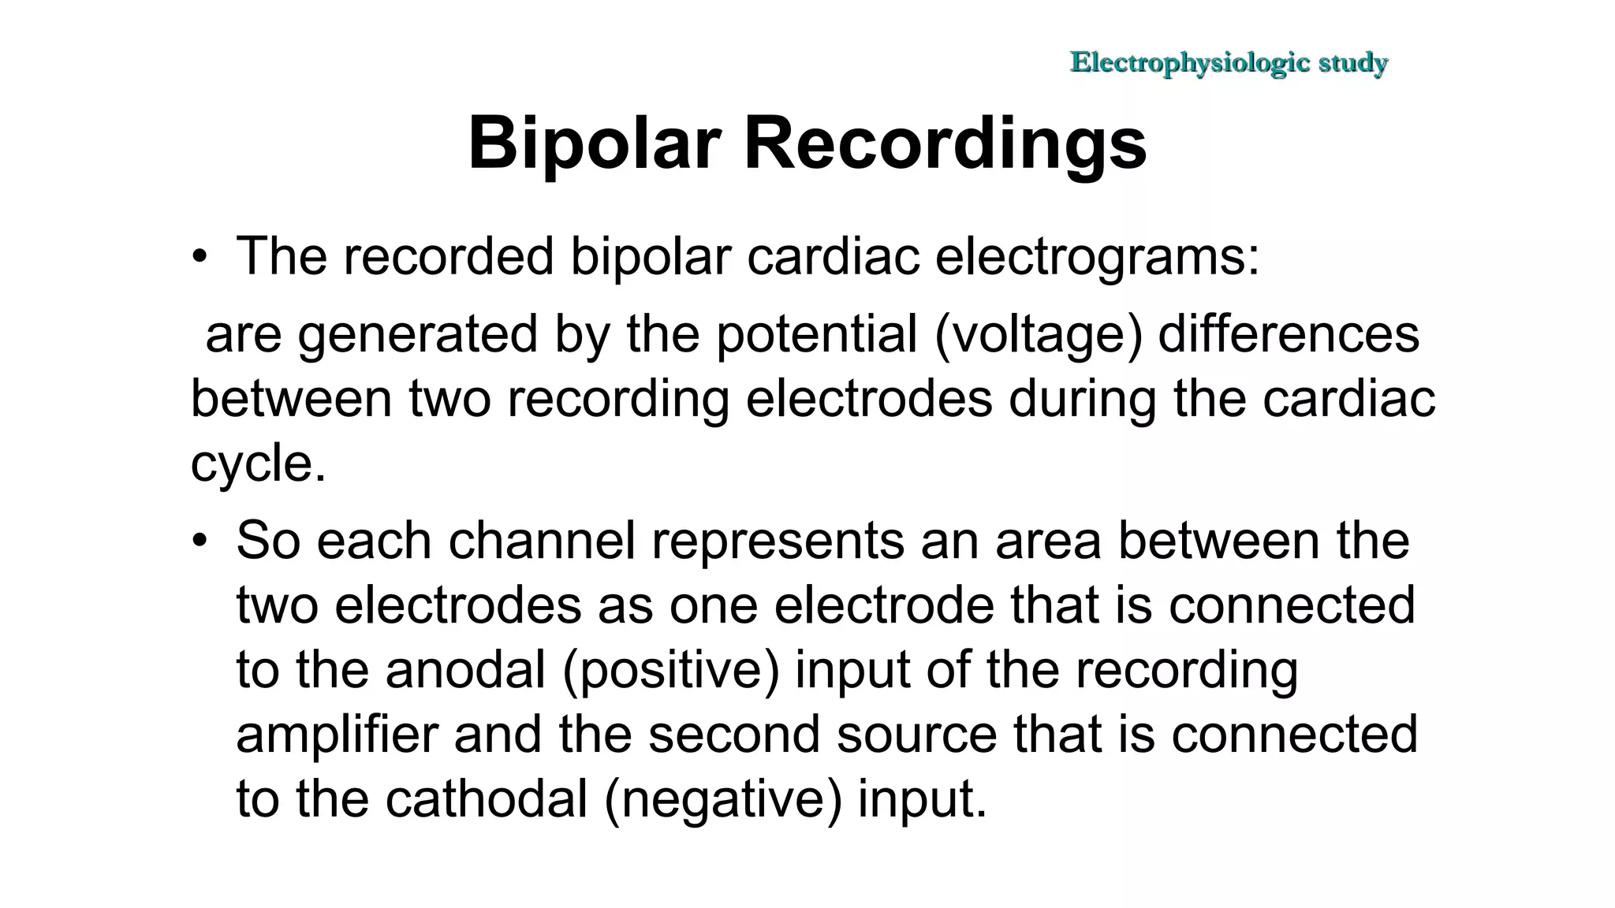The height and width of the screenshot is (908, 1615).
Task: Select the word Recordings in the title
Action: pos(945,143)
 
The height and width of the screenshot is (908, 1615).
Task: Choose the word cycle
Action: pos(257,463)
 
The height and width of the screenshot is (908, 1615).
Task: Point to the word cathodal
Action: pos(487,800)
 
